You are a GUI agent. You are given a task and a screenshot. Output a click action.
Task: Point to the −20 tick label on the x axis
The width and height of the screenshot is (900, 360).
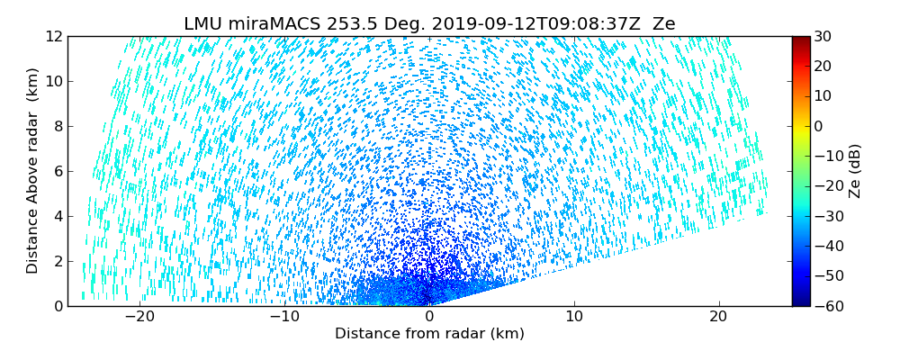[x=139, y=317]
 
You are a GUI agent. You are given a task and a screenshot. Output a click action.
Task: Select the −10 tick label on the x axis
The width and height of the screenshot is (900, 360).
[x=284, y=317]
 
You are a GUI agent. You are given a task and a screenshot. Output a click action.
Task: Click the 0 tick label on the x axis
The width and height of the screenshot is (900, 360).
[x=429, y=317]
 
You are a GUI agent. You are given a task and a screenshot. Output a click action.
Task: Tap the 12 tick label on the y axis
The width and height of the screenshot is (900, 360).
[x=53, y=37]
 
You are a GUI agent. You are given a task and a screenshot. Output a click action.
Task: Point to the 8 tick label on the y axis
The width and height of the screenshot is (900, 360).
[x=57, y=127]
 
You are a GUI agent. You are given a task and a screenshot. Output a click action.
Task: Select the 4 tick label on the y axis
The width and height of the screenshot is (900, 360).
[x=57, y=216]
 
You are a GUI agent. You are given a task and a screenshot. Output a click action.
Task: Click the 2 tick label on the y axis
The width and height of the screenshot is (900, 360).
[x=57, y=261]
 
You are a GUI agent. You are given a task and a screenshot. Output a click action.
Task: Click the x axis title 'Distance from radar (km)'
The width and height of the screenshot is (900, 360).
[x=429, y=334]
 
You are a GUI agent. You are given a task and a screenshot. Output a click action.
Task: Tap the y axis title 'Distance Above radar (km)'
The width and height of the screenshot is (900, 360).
[x=32, y=171]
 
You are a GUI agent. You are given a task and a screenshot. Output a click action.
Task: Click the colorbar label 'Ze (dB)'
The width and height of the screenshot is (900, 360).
[x=855, y=171]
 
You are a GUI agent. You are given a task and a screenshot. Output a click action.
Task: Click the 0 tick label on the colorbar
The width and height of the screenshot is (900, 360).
[x=820, y=126]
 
